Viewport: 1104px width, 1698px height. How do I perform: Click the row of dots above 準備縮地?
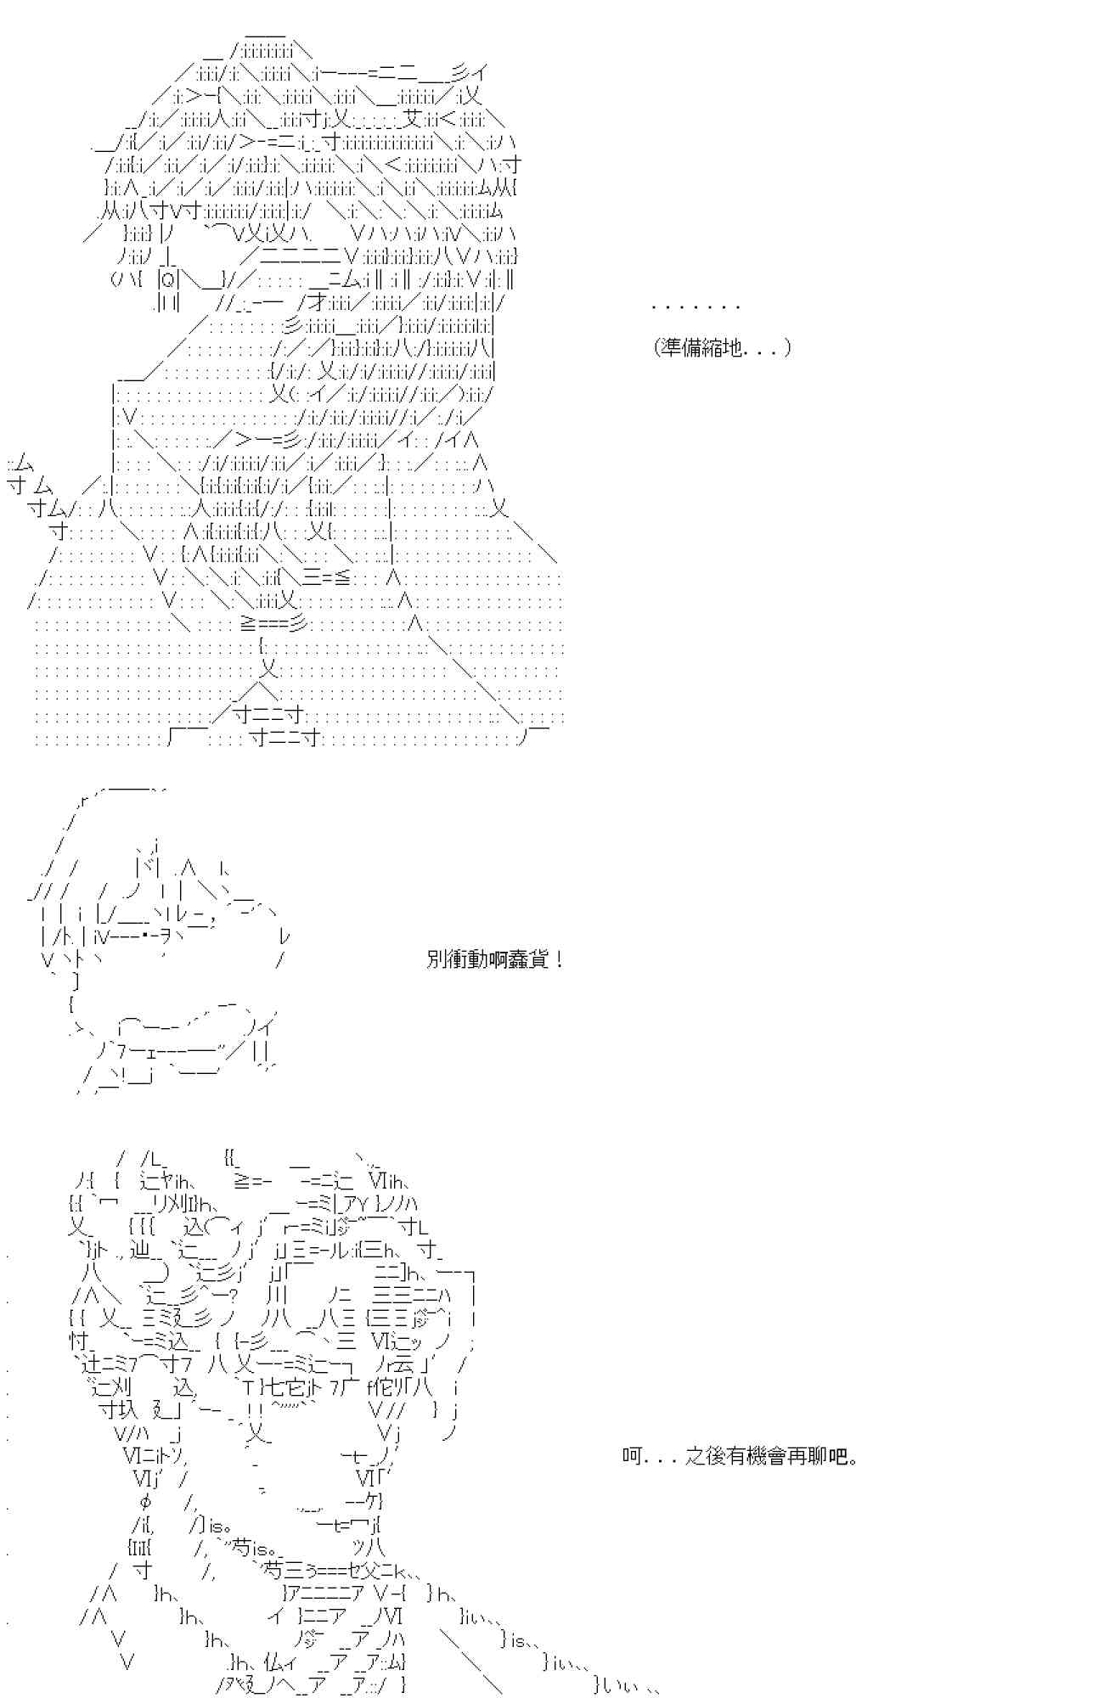[x=696, y=307]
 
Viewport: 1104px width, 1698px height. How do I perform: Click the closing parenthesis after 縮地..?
[x=787, y=347]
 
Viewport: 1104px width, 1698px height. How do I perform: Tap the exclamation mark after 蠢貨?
[x=558, y=960]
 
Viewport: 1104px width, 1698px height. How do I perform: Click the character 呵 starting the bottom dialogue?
[x=631, y=1457]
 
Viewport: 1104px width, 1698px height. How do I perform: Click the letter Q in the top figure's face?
[x=168, y=278]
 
